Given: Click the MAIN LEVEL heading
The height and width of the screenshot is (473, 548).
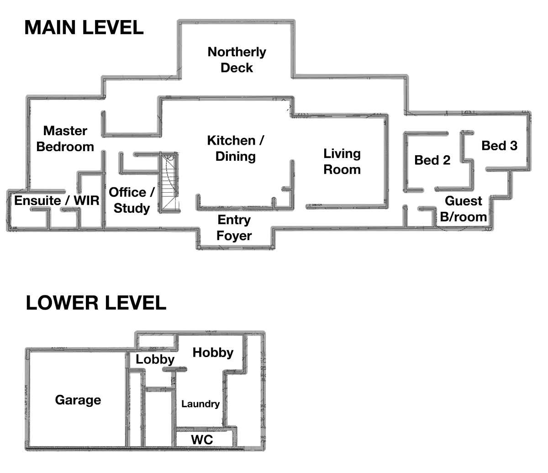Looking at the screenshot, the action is pos(85,27).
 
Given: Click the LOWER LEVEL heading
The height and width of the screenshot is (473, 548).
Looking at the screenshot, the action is pos(96,303).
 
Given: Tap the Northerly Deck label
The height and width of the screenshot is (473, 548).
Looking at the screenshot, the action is pos(237,60).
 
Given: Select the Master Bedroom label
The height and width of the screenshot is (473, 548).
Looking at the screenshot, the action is pos(66,139).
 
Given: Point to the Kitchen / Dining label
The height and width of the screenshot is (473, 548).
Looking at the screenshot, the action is pos(235,148).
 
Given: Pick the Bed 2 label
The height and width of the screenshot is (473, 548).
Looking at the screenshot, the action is pos(432,160).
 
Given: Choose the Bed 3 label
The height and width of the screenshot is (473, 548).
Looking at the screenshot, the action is pos(500,146).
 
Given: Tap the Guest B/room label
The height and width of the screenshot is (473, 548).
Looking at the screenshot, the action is pos(464,209).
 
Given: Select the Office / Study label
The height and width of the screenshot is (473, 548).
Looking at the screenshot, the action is pos(132,200).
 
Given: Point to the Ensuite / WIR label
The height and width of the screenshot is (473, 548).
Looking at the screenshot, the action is pos(57,200).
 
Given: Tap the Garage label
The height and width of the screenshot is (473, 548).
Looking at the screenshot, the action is pos(78,400).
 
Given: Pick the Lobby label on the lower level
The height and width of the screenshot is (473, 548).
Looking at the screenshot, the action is pos(156,360).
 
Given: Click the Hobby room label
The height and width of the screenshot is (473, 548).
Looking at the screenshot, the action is pos(213,352).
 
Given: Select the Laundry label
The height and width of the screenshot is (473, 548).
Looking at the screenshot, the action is pos(200,404).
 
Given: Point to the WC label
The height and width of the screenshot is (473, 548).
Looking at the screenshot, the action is pos(201,440).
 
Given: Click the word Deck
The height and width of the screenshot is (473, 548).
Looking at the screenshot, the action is pos(237,68).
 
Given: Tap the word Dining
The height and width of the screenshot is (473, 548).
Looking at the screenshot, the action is pos(235,157).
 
